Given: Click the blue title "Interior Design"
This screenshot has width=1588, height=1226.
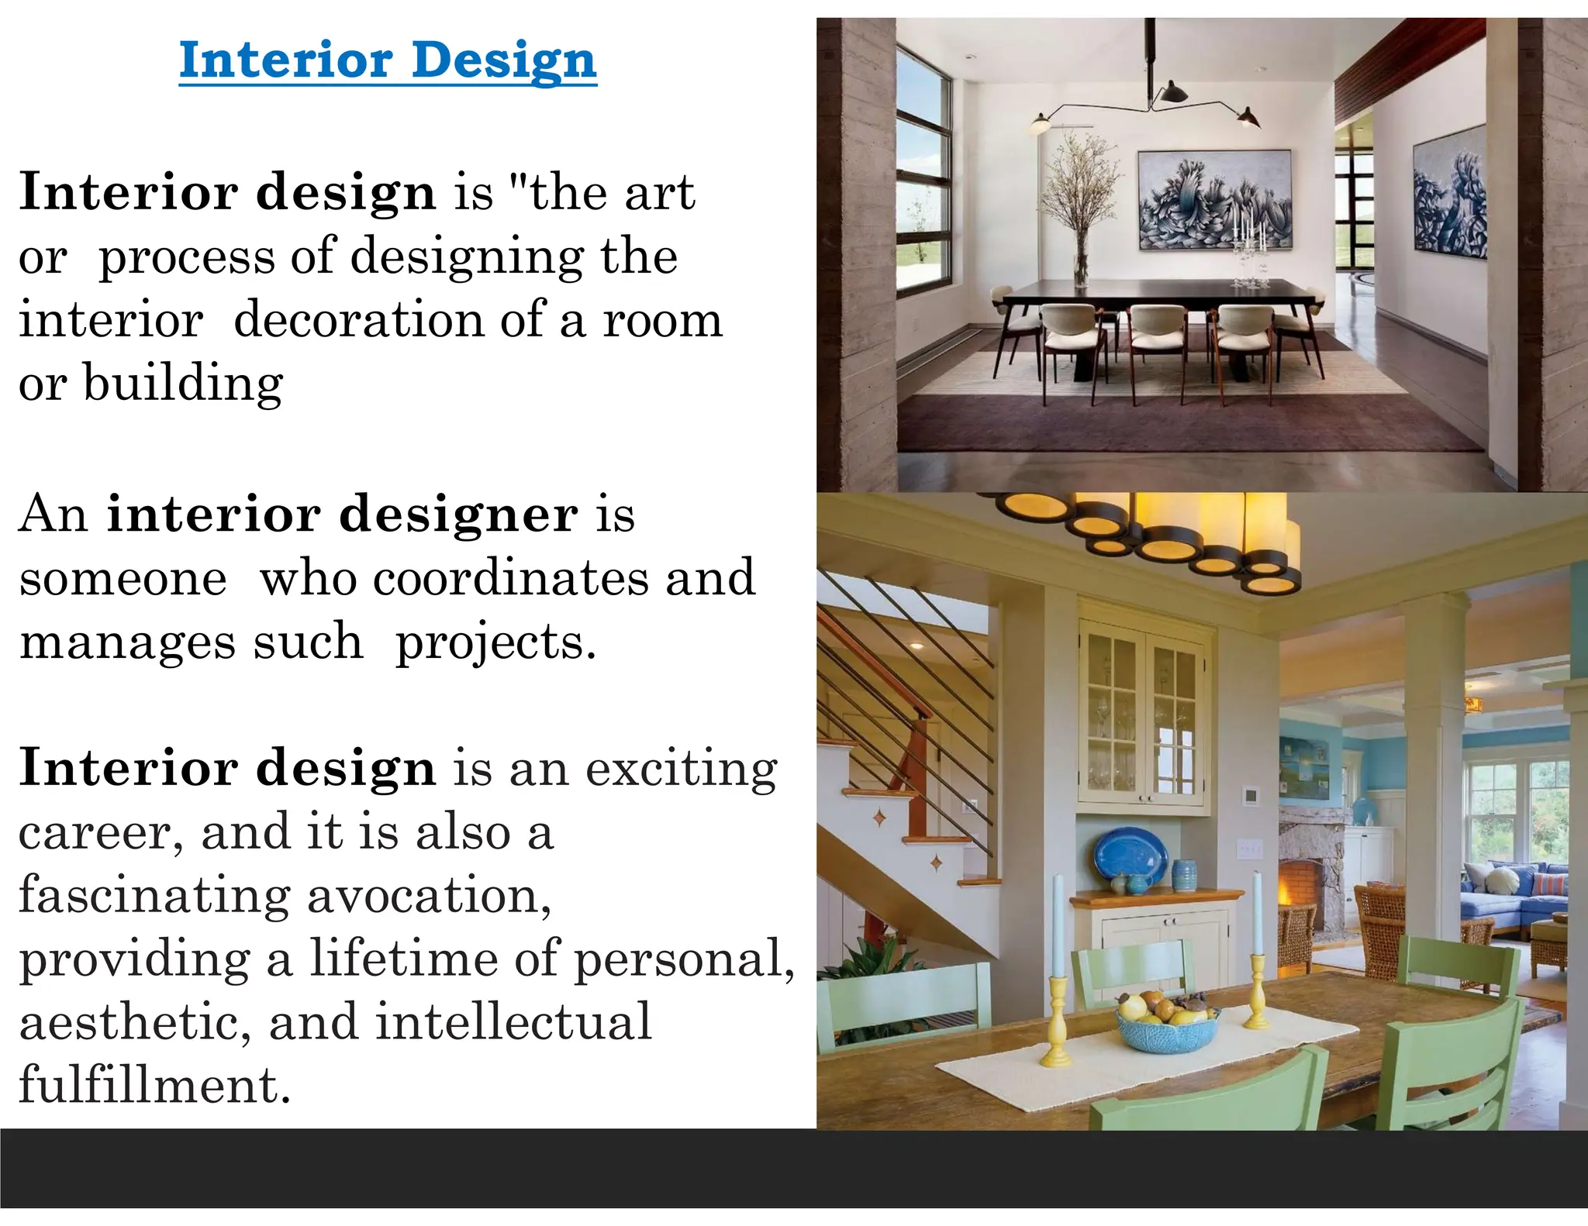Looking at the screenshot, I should [388, 60].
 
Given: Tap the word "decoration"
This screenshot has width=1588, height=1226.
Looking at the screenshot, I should [358, 321].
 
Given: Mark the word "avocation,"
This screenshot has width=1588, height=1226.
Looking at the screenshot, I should [429, 897].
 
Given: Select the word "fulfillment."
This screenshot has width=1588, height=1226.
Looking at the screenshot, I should [154, 1086].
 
